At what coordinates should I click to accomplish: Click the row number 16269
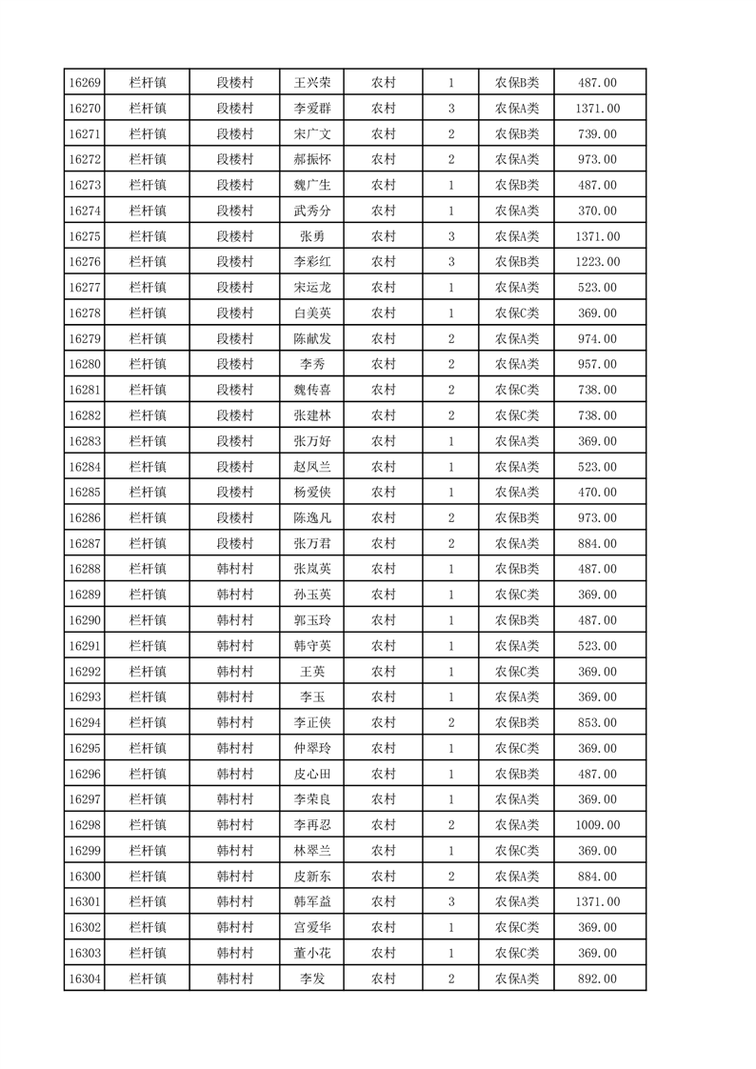[86, 83]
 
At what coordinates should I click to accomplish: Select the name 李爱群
[311, 109]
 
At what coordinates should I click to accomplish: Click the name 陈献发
[311, 339]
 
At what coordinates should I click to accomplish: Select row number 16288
[86, 569]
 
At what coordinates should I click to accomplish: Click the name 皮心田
[311, 774]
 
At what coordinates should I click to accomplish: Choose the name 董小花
[311, 953]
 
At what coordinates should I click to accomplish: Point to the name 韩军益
[311, 901]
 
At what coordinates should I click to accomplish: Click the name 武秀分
[311, 211]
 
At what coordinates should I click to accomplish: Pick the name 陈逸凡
[311, 518]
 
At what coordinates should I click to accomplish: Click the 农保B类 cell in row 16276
[516, 262]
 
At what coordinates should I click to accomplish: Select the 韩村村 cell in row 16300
[234, 877]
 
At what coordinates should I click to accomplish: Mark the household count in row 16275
[450, 236]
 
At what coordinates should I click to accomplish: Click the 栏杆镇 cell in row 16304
[148, 978]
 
